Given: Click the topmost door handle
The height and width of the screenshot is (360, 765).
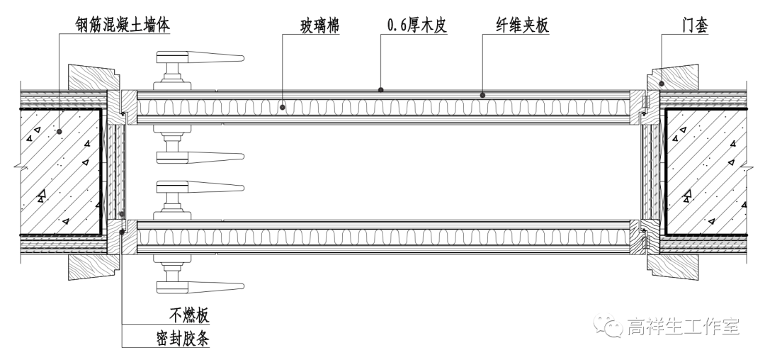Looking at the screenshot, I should pos(198,57).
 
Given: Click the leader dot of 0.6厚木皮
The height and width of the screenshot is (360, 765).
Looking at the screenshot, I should pos(381,90).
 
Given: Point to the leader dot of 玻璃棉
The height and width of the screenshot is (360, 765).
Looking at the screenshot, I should pos(282,108).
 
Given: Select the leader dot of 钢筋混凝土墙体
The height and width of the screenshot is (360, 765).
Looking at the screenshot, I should pos(59,130).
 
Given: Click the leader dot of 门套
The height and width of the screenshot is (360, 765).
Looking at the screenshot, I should pos(662,83).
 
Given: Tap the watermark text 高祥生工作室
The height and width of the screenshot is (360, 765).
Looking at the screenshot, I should pos(683,327).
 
